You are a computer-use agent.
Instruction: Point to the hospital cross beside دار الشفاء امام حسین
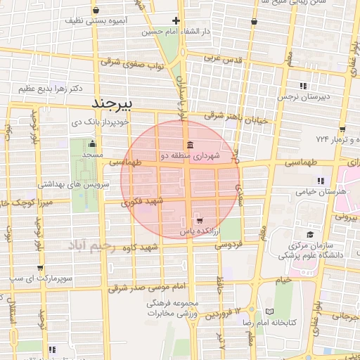click(x=176, y=20)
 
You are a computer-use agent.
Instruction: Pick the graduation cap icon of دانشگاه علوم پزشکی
click(x=309, y=234)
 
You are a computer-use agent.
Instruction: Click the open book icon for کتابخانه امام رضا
click(x=271, y=311)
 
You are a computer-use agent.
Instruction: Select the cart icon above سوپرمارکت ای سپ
click(x=41, y=266)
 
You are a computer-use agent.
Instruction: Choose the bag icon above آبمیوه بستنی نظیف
click(x=96, y=11)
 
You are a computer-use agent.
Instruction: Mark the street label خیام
click(x=283, y=280)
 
